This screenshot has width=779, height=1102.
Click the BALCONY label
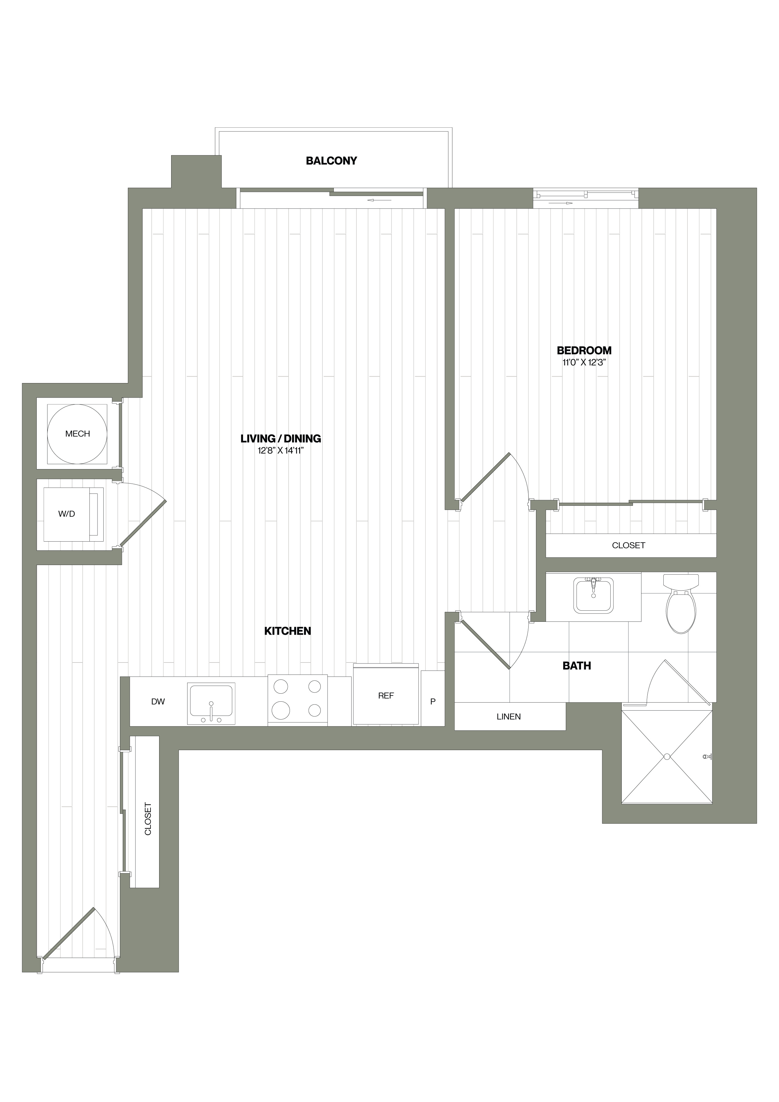click(331, 161)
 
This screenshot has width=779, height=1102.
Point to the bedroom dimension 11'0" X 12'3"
click(584, 362)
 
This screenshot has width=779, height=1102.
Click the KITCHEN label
click(287, 631)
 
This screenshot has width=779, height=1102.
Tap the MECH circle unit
click(77, 434)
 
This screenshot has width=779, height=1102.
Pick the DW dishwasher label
click(158, 702)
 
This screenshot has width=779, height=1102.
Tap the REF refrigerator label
click(386, 695)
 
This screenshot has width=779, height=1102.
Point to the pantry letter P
click(433, 702)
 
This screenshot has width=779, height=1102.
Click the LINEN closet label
click(509, 716)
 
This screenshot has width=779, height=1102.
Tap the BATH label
click(576, 666)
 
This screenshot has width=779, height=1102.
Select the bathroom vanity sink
click(594, 595)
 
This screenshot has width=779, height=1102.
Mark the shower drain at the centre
click(667, 757)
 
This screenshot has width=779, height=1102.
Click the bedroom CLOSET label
click(629, 545)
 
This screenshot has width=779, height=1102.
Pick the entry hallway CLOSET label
click(148, 819)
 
